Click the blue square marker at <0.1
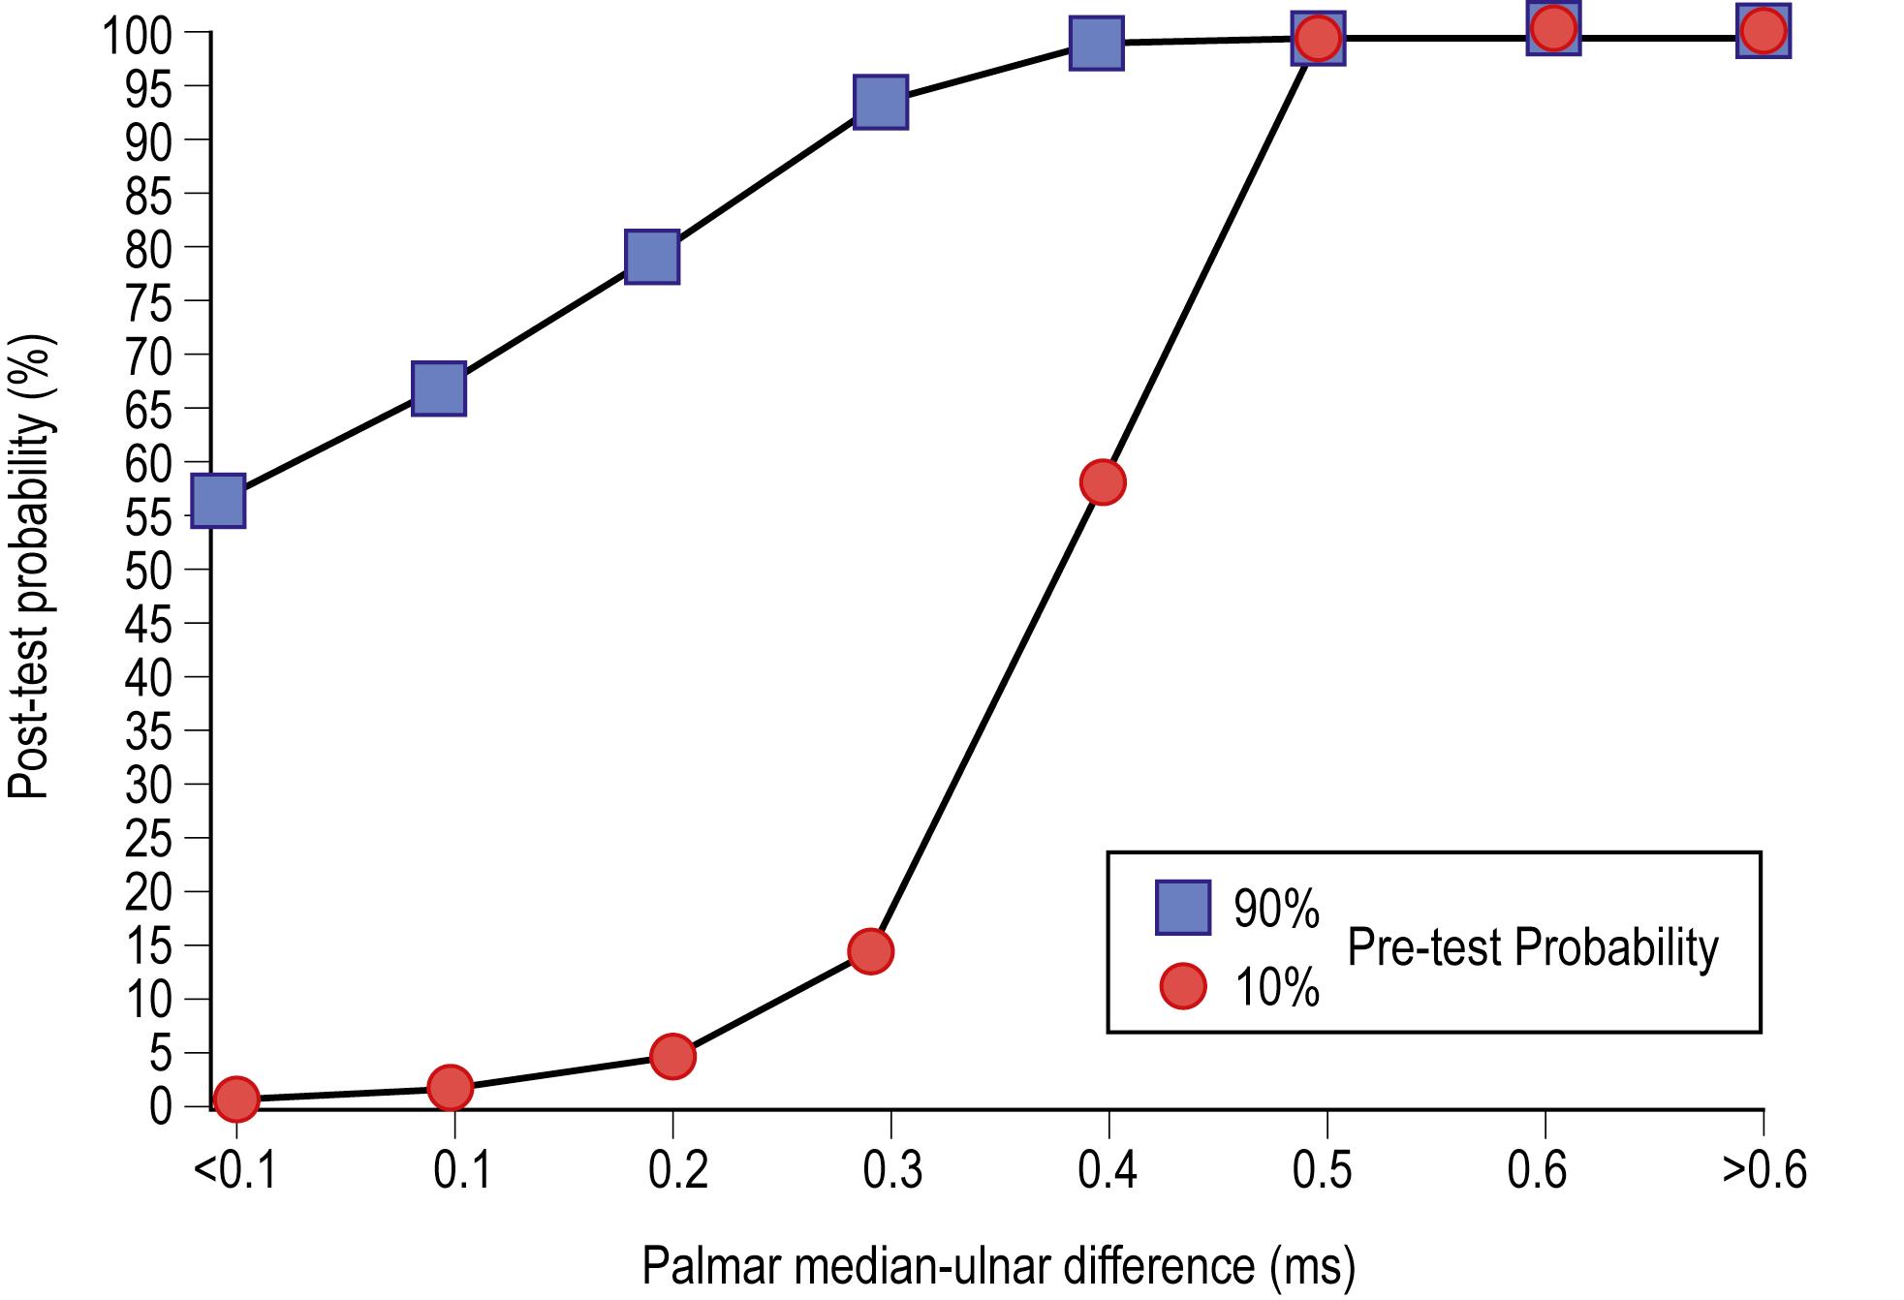coord(218,501)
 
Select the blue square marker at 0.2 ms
coord(651,257)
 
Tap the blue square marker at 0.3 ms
coord(881,102)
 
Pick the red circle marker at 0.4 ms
coord(1103,482)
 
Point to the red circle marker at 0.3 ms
coord(870,951)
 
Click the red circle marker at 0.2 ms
coord(673,1056)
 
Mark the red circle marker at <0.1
coord(236,1099)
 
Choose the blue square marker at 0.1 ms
coord(439,389)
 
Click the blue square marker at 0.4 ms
coord(1097,43)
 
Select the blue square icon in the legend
coord(1182,908)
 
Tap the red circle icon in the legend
coord(1182,987)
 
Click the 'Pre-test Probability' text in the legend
coord(1532,947)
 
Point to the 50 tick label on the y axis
coord(148,570)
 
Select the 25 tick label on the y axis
coord(148,838)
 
